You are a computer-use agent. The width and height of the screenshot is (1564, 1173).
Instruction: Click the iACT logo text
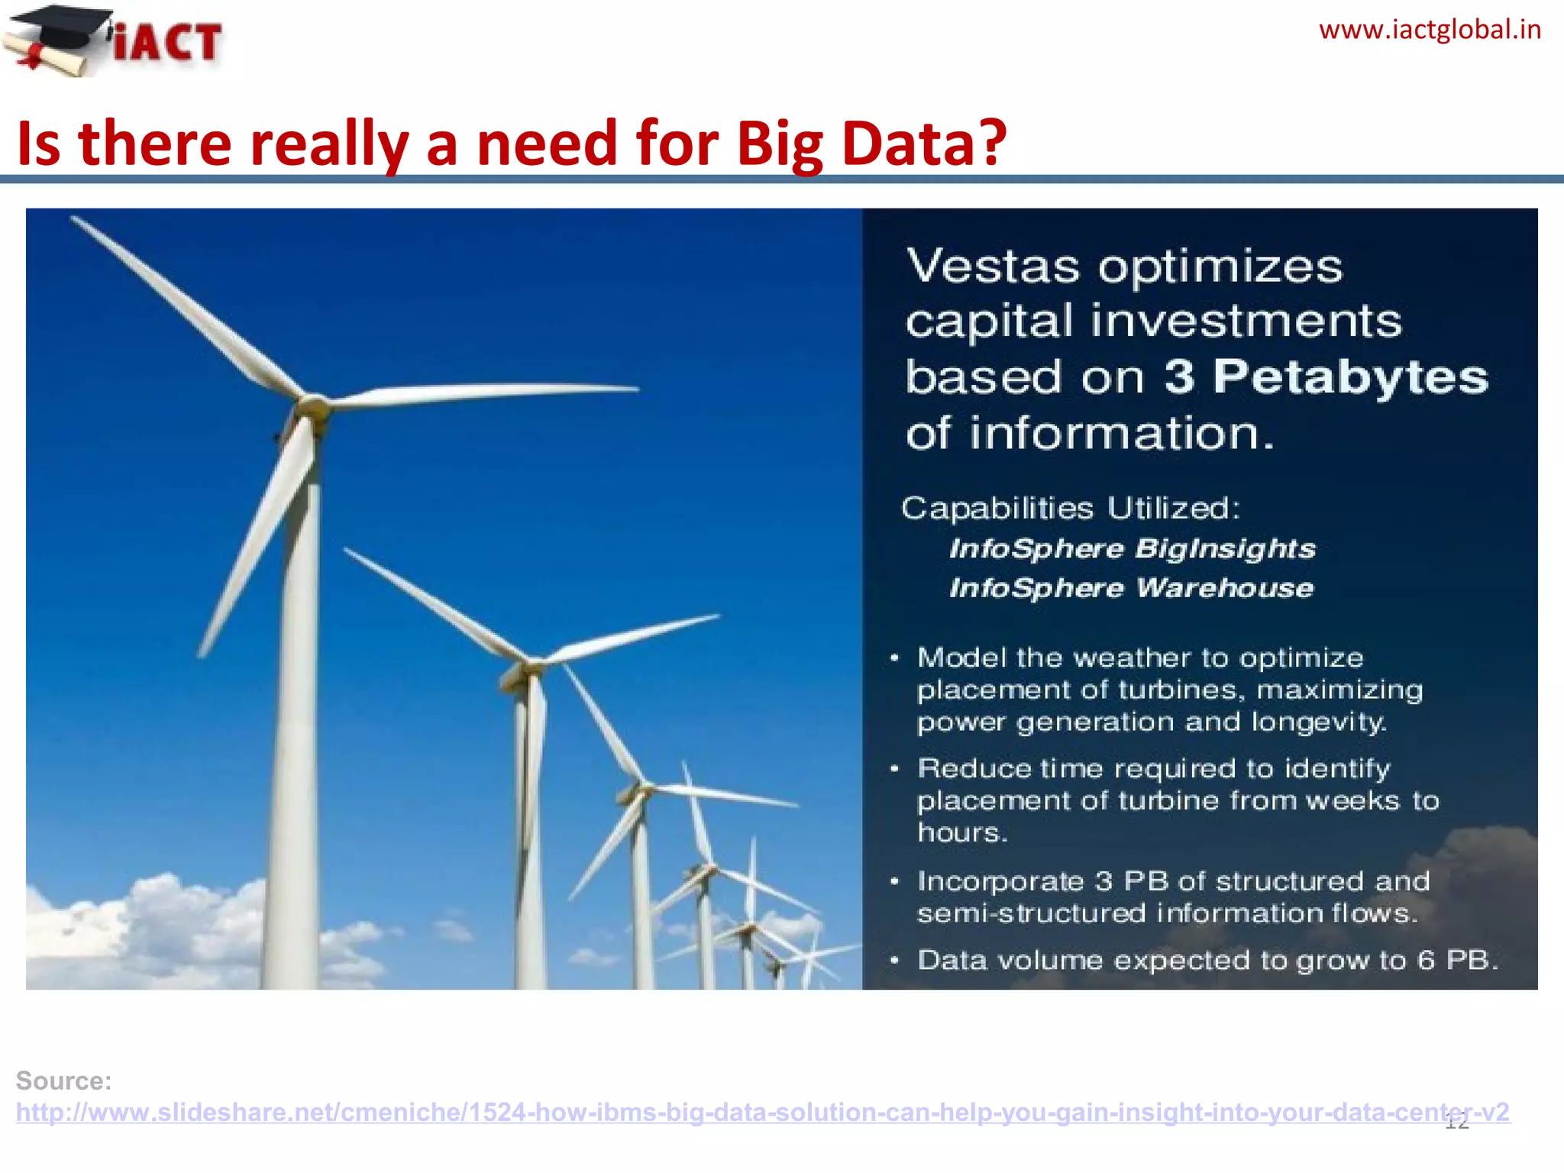(168, 41)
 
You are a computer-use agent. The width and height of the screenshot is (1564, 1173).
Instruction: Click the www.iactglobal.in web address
(1430, 30)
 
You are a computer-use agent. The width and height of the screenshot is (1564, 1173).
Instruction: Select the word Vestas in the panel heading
(993, 267)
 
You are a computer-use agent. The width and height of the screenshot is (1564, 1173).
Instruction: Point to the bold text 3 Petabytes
(1326, 376)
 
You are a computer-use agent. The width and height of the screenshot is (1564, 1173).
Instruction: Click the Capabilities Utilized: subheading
(1071, 508)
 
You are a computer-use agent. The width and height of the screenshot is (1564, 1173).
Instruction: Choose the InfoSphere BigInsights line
(1132, 548)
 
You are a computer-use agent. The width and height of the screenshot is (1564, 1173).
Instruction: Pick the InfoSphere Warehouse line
(1131, 588)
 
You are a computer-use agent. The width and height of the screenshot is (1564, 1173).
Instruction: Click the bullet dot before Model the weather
(894, 658)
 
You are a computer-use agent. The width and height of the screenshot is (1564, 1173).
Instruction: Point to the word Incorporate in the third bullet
(1000, 881)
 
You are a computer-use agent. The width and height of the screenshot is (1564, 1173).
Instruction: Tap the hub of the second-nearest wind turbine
(525, 668)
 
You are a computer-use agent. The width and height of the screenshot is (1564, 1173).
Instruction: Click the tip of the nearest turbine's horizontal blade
(635, 389)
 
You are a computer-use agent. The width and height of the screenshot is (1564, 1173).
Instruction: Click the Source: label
(64, 1081)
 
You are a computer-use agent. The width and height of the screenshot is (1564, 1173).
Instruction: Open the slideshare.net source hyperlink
(762, 1112)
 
